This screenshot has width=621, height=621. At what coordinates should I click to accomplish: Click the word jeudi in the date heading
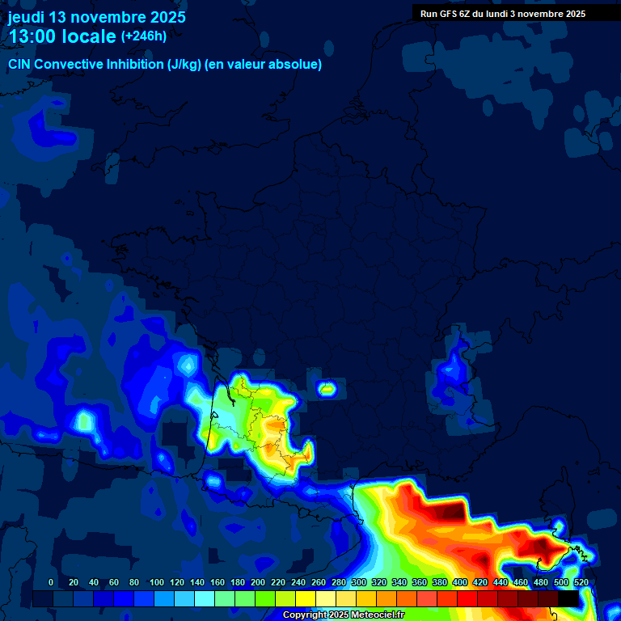(x=26, y=17)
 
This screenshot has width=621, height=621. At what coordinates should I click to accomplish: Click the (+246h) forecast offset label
(x=143, y=36)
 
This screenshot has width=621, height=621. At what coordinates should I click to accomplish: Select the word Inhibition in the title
(x=135, y=65)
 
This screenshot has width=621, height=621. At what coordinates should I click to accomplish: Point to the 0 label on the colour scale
(x=51, y=582)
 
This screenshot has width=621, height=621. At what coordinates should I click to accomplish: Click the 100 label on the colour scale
(x=157, y=582)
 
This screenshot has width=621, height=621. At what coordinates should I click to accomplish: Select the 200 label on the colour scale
(x=258, y=582)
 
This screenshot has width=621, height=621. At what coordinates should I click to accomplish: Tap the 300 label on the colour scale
(x=359, y=582)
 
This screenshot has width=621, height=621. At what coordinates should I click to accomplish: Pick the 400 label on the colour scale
(x=460, y=582)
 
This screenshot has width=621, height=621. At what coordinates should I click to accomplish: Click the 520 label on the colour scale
(x=581, y=582)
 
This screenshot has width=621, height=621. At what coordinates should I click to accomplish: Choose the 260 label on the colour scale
(x=319, y=582)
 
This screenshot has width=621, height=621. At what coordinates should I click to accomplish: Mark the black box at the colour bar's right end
(x=568, y=598)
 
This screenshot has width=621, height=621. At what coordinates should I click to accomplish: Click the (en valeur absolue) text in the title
(x=264, y=65)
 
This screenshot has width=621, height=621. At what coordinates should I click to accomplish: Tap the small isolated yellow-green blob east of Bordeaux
(x=327, y=389)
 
